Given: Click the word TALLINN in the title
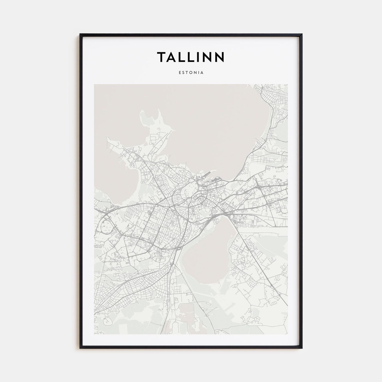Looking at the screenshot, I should point(191,57).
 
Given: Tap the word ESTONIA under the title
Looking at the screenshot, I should point(191,73).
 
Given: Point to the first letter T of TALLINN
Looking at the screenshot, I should point(161,57).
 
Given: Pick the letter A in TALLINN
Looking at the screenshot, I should point(171,57).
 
